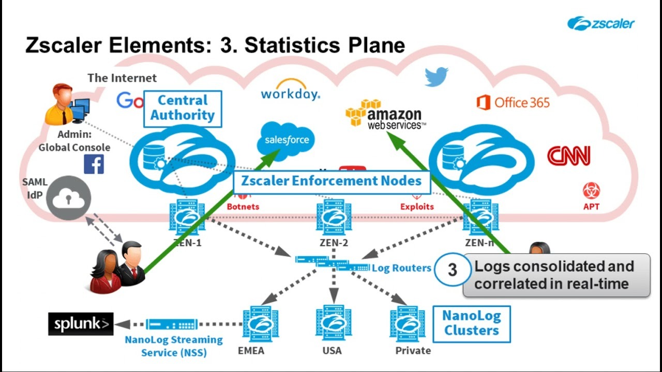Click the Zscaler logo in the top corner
[x=600, y=23]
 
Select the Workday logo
[x=290, y=90]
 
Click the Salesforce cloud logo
[x=286, y=139]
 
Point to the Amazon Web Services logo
[x=385, y=114]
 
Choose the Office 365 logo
[x=513, y=102]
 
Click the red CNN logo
[x=568, y=156]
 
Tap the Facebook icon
[x=94, y=164]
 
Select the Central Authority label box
[x=182, y=108]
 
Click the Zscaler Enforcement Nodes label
[x=331, y=181]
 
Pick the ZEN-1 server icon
[x=187, y=218]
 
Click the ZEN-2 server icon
[x=334, y=218]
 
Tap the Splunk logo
[x=81, y=324]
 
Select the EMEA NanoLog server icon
[x=254, y=323]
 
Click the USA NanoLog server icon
[x=334, y=323]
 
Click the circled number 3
[x=452, y=270]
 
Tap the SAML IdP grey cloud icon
[x=69, y=197]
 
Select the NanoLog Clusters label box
[x=471, y=323]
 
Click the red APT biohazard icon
[x=591, y=191]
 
